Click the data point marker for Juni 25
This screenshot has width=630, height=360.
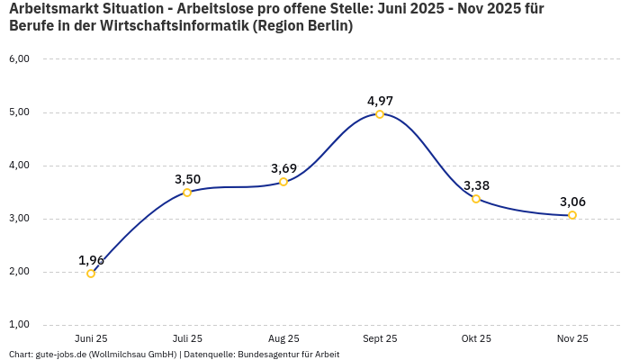tap(91, 274)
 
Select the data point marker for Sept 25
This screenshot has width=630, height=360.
tap(380, 114)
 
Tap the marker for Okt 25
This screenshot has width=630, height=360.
tap(476, 199)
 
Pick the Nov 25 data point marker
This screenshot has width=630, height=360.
tap(572, 215)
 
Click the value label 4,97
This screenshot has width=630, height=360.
tap(380, 101)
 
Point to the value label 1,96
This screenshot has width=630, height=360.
tap(91, 260)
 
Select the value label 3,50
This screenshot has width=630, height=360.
tap(187, 179)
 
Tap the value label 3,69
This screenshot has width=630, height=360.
tap(283, 168)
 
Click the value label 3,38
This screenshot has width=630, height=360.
tap(476, 185)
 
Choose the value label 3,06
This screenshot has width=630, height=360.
tap(572, 202)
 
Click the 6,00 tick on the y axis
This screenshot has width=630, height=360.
tap(19, 59)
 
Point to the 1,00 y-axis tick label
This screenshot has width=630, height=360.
tap(19, 325)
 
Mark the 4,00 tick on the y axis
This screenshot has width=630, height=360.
tap(19, 166)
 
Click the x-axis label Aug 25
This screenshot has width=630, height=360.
tap(283, 338)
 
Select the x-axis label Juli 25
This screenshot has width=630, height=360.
tap(187, 338)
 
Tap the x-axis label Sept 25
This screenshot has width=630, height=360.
tap(380, 338)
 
